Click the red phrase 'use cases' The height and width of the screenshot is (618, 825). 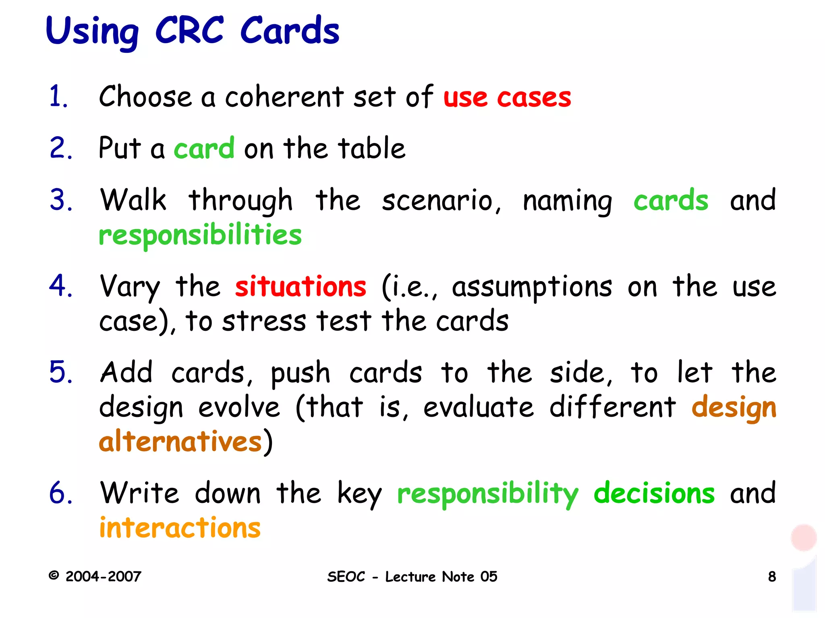507,98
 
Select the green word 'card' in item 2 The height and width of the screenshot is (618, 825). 204,148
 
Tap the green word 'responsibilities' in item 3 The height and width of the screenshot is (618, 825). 200,235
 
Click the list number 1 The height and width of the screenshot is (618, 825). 58,97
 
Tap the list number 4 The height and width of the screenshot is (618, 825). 60,286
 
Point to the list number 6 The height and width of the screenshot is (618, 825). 60,493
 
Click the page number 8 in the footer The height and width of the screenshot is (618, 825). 772,577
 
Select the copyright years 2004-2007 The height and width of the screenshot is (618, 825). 103,577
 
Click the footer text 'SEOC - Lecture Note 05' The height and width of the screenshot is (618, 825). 412,577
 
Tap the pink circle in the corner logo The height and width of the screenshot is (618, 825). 803,537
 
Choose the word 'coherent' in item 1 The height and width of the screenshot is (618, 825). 284,97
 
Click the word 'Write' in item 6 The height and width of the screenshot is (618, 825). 139,493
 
